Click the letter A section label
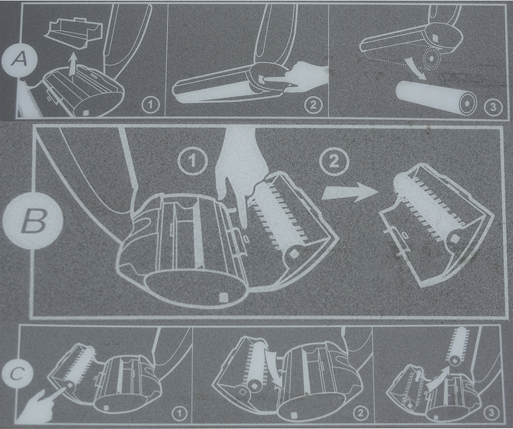(x=18, y=60)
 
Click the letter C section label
(x=17, y=374)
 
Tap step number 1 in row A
(x=150, y=105)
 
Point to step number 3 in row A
(x=494, y=107)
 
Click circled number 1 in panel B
(x=193, y=161)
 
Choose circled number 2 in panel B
(x=334, y=161)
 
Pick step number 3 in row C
(x=491, y=413)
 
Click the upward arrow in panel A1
(x=74, y=65)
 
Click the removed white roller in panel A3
(x=436, y=96)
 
